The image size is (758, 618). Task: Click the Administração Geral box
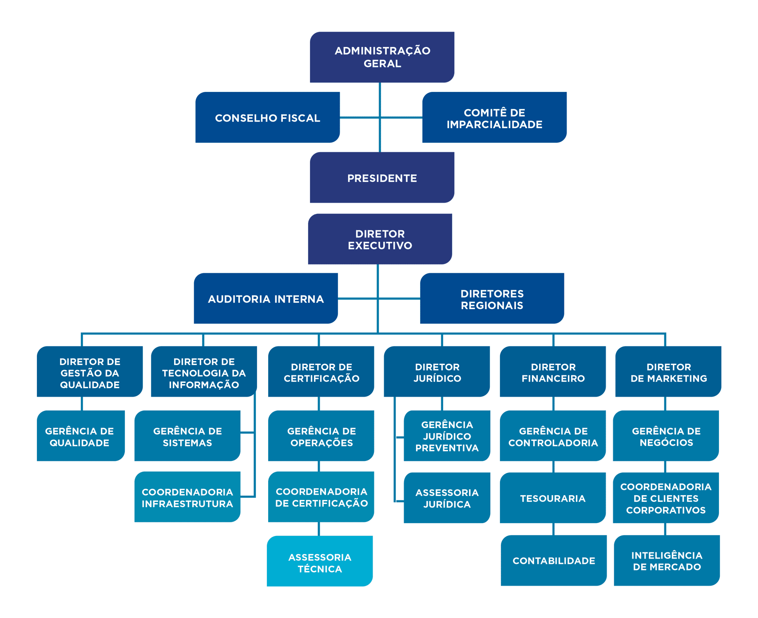[x=382, y=57]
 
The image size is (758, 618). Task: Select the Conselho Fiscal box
[x=267, y=118]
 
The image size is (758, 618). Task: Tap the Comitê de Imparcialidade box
[x=494, y=118]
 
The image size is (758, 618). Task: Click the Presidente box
[x=382, y=178]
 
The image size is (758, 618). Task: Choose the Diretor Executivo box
[x=380, y=239]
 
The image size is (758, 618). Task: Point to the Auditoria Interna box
[x=266, y=299]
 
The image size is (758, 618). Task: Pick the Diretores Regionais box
[x=492, y=299]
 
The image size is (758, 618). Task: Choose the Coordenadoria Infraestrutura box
[x=187, y=497]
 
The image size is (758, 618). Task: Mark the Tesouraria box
[x=553, y=498]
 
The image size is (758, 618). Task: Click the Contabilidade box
[x=554, y=560]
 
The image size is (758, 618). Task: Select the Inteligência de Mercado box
[x=667, y=560]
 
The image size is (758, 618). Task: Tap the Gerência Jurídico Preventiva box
[x=447, y=436]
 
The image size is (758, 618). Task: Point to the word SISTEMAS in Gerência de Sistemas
[x=187, y=443]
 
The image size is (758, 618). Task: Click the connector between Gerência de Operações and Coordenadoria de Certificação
[x=319, y=466]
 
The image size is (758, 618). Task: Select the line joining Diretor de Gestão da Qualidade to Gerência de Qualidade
[x=82, y=403]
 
